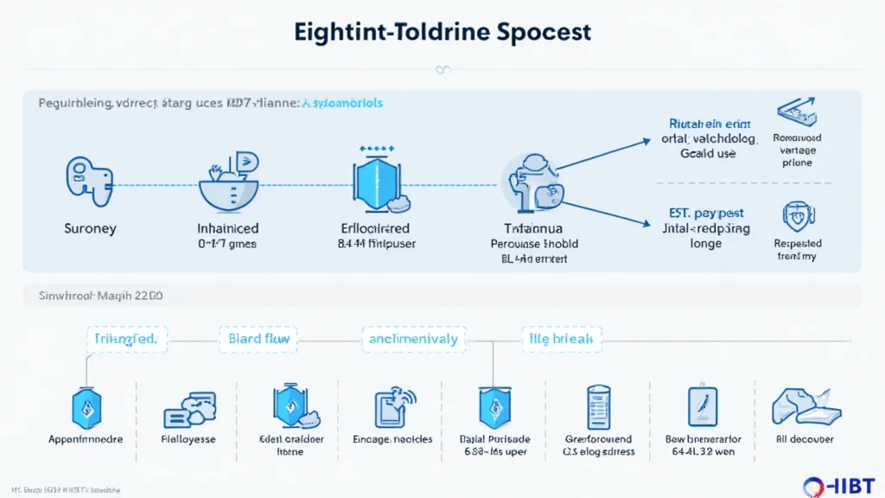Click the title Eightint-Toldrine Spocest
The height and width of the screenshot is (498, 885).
tap(442, 32)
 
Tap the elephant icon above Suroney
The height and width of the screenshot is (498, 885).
tap(89, 181)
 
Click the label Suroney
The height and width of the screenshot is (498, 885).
tap(90, 229)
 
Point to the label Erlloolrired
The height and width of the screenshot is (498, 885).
tap(377, 229)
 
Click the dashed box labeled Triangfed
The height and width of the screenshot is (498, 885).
tap(126, 339)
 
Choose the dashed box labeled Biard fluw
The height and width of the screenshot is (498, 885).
tap(258, 339)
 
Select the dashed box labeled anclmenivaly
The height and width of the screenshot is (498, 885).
tap(413, 339)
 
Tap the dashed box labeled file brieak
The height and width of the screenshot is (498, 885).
tap(562, 339)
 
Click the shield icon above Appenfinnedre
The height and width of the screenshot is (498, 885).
tap(86, 406)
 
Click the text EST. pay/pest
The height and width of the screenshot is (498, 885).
tap(706, 213)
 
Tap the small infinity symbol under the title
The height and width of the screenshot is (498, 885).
tap(442, 69)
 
